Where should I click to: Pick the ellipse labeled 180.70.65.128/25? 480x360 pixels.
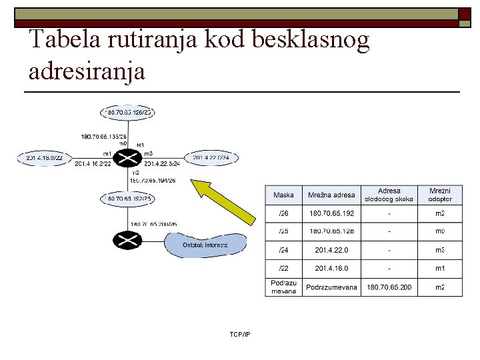(127, 113)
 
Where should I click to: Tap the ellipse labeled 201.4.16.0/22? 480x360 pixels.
(45, 158)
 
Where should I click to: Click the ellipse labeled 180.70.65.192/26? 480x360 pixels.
(127, 199)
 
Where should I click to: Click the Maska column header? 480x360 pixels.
(283, 195)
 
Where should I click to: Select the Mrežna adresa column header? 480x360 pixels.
(331, 195)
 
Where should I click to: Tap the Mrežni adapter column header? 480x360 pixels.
(440, 195)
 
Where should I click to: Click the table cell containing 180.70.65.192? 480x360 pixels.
(331, 214)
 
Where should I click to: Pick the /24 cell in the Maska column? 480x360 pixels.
(283, 250)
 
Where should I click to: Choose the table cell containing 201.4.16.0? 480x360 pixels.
(331, 268)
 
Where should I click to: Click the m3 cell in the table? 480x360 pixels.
(440, 250)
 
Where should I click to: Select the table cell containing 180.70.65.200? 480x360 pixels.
(389, 287)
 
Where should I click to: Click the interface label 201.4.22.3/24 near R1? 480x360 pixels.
(161, 163)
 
